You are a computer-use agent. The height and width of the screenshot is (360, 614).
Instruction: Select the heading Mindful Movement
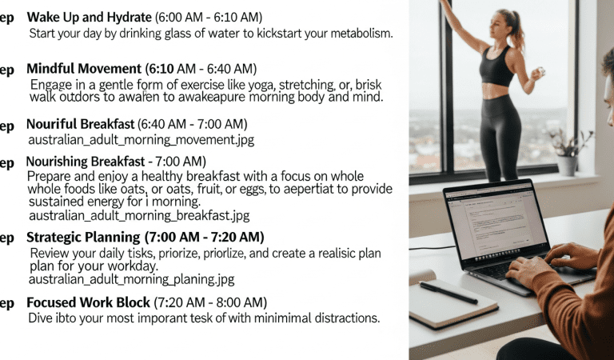84,70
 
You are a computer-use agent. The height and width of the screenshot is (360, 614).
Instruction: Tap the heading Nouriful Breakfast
80,124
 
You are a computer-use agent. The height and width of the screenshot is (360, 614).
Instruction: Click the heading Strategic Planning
83,238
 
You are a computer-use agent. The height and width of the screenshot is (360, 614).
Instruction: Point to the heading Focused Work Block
88,302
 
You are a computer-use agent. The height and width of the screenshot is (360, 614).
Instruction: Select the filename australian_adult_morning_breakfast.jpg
138,215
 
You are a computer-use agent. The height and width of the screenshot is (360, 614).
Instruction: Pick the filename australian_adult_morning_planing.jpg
131,279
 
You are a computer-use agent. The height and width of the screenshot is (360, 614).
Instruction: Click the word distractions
345,318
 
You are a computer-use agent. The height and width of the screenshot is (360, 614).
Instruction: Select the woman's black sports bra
496,66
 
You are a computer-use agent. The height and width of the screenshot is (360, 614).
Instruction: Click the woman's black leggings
501,136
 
